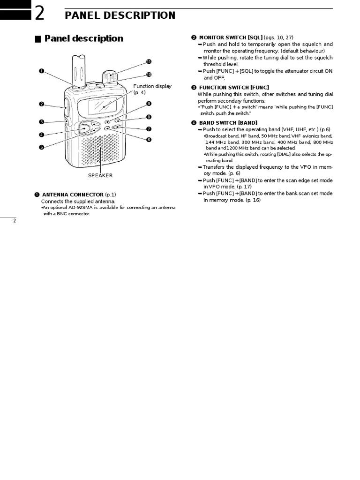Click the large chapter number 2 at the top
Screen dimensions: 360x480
(40, 15)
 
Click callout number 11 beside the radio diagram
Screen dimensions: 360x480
(149, 61)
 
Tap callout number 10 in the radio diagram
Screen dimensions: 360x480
(149, 74)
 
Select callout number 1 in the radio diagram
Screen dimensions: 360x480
(42, 71)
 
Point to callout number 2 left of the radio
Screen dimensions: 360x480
(42, 104)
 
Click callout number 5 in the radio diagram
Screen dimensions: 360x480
(42, 147)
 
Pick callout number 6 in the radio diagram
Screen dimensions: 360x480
(149, 139)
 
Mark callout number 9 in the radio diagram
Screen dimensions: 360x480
(149, 104)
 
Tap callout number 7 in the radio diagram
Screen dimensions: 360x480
(149, 128)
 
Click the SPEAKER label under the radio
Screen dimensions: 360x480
(100, 175)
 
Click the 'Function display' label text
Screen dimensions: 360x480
(152, 86)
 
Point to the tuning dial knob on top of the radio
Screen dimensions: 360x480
(109, 76)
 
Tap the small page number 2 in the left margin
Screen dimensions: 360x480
(15, 221)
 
